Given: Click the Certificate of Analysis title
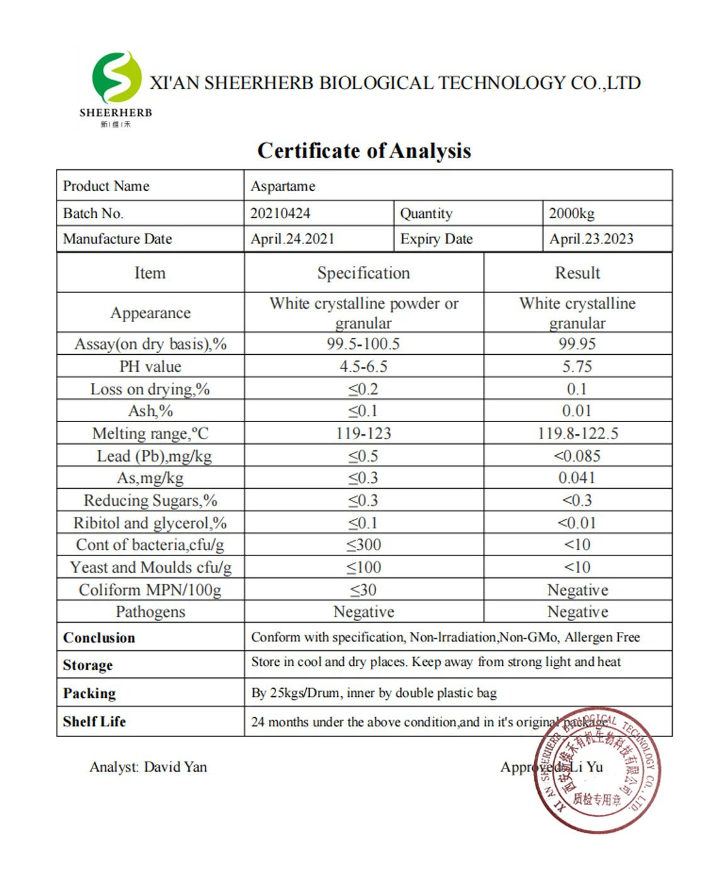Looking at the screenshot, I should [x=364, y=151].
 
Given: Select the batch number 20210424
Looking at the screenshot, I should [x=280, y=213].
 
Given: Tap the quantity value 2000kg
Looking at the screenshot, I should [x=571, y=213].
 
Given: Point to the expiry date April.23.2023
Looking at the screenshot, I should [x=591, y=239].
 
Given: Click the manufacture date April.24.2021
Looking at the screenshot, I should [x=292, y=239].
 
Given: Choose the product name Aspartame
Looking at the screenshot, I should [x=283, y=186].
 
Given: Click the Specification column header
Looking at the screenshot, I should [x=363, y=273].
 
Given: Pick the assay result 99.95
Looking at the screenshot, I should [x=577, y=344].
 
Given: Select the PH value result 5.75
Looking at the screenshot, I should [x=577, y=367].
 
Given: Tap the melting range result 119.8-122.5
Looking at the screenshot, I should [x=578, y=433].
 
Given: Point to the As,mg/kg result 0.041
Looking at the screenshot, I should [x=577, y=478].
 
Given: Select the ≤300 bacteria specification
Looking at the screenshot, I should [x=364, y=545].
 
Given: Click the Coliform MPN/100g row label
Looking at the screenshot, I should [x=150, y=590].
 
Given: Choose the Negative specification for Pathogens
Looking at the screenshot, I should [x=364, y=612].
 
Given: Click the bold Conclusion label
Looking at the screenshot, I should [x=99, y=638].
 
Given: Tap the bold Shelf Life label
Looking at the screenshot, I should [x=94, y=721].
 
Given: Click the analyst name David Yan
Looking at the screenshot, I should [x=175, y=767].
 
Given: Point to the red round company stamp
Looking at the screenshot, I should [x=597, y=770].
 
